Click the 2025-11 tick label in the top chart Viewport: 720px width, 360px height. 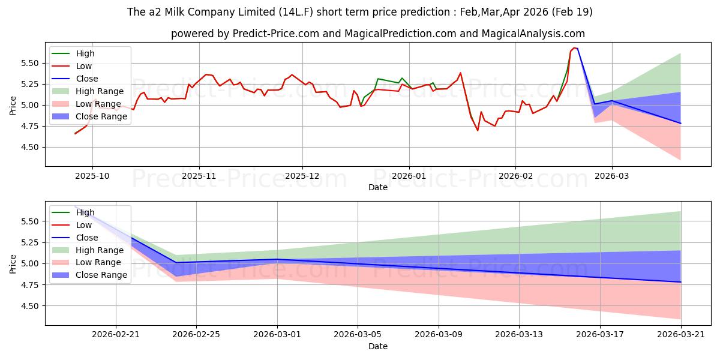click(199, 176)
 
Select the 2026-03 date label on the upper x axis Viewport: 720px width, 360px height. click(611, 176)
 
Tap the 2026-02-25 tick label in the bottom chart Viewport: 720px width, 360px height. click(196, 335)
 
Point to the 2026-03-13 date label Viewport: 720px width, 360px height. click(519, 335)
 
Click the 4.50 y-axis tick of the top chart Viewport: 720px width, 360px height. click(29, 147)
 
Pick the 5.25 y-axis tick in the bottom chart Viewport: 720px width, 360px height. click(29, 242)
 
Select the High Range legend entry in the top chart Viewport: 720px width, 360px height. click(88, 91)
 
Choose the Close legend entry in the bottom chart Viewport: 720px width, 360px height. click(75, 238)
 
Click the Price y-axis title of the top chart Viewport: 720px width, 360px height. click(13, 106)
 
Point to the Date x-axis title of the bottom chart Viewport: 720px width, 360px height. click(377, 346)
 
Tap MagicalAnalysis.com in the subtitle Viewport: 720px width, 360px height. click(533, 34)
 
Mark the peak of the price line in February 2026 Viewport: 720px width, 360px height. click(574, 48)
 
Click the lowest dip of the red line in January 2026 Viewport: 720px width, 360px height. click(478, 130)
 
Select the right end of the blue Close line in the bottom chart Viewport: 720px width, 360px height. click(680, 282)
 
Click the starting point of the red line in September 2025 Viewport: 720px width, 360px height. click(75, 133)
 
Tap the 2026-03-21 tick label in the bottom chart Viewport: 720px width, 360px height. click(681, 335)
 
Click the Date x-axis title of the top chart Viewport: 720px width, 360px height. click(377, 187)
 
